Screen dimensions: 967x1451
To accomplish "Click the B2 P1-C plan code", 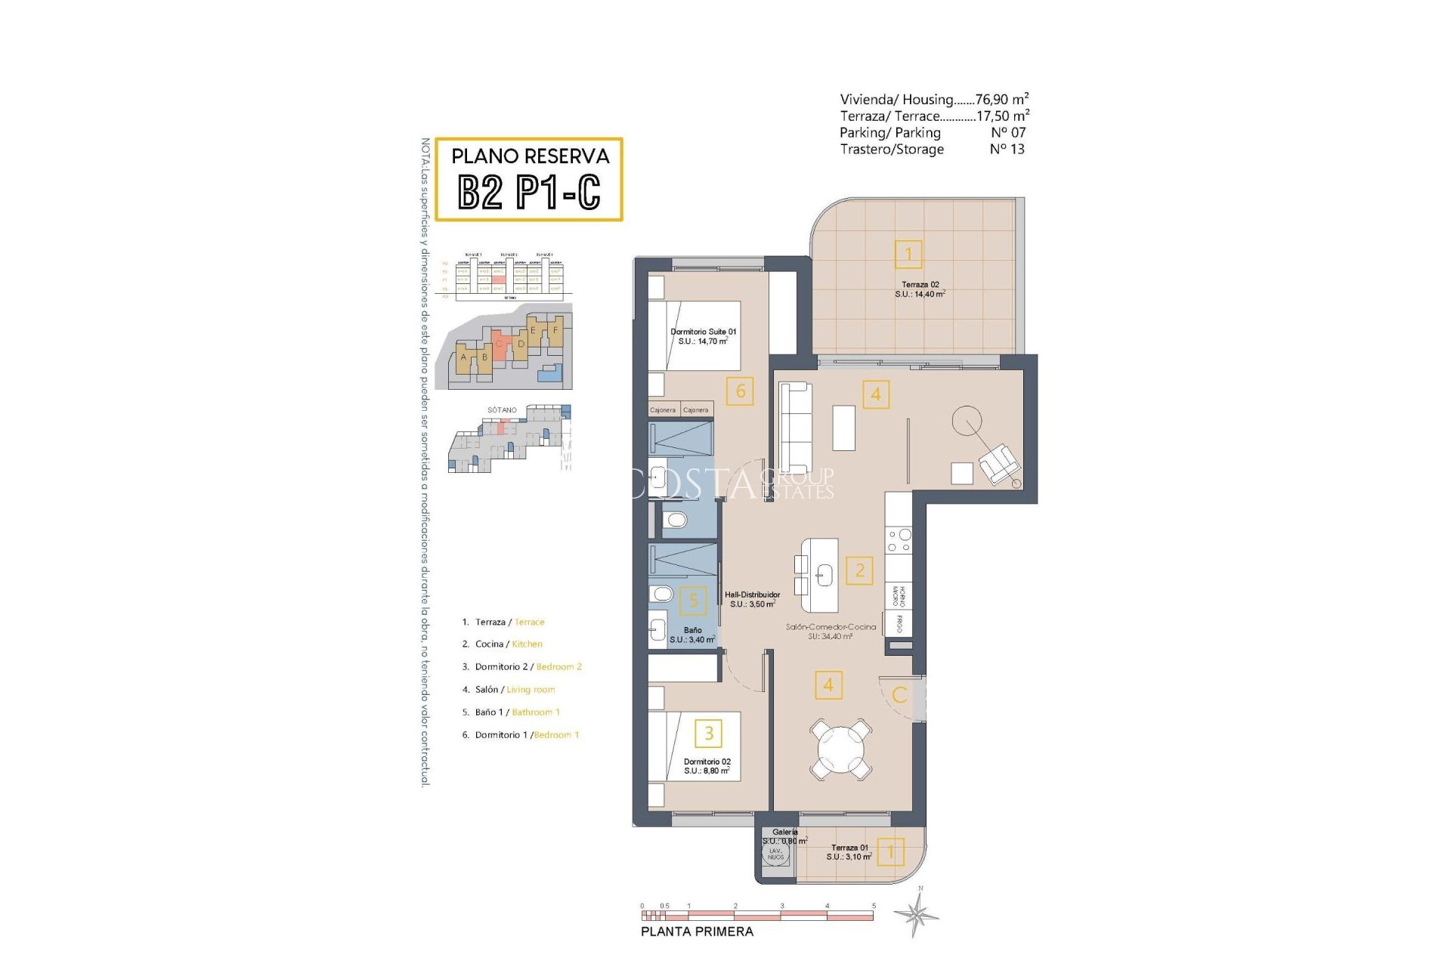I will point(529,192).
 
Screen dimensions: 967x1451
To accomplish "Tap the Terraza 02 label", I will point(920,289).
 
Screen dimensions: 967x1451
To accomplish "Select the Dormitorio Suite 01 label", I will point(703,336).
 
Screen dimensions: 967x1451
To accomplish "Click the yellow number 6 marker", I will point(740,391).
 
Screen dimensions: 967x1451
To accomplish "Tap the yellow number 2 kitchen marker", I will point(859,570).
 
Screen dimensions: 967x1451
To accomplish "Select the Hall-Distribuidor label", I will point(752,599).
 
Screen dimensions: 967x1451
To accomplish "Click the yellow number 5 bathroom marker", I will point(693,601).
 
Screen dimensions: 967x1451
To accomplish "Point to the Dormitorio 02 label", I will point(707,766).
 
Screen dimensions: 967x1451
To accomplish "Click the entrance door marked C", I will point(900,695).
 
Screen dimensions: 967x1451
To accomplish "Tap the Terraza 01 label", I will point(849,852).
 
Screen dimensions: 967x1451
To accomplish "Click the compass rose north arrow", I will point(917,913).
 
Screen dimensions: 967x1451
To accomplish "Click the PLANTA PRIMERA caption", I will point(697,931).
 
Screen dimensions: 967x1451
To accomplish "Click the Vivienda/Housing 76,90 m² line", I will point(934,99).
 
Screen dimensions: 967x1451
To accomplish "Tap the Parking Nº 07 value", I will point(1008,132).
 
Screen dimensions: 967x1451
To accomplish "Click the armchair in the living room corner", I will point(998,463).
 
